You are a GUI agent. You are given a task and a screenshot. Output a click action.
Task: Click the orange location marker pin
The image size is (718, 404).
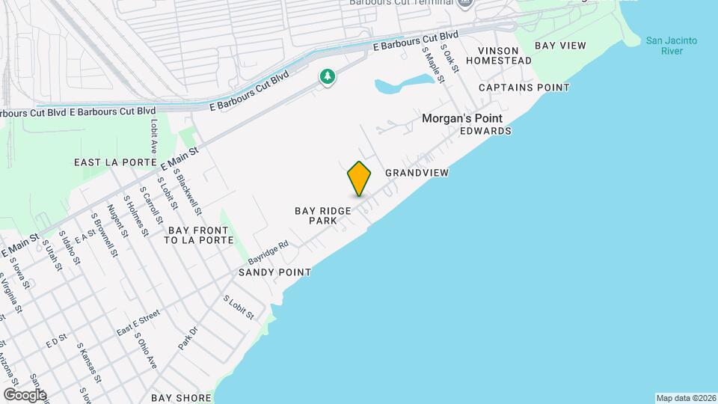tap(359, 178)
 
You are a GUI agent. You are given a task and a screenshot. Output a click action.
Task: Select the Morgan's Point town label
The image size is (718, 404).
tap(462, 118)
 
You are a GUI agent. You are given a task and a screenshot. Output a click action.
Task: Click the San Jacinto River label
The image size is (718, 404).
tap(672, 45)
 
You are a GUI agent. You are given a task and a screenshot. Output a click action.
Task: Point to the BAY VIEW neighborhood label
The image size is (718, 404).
tap(560, 46)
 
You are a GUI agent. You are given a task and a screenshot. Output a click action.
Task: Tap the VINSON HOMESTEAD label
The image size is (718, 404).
tap(504, 55)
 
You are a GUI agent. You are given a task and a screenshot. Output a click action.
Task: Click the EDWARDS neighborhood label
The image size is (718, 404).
tap(486, 131)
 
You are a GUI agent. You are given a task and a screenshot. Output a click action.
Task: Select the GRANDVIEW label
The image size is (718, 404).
tap(417, 173)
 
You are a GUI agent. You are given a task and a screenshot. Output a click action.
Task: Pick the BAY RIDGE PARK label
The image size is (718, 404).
tap(323, 216)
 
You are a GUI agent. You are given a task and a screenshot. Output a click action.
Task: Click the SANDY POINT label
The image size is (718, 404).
tap(274, 272)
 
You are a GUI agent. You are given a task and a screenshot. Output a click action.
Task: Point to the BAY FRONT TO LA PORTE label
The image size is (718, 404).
tap(194, 235)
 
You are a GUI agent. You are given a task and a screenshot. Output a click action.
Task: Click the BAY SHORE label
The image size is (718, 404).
tap(181, 398)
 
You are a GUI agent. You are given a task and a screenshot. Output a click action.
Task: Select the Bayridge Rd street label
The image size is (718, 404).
tap(269, 251)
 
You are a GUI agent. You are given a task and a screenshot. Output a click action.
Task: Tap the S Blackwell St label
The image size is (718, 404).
tap(187, 190)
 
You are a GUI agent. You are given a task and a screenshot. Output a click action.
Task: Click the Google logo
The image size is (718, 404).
tap(25, 394)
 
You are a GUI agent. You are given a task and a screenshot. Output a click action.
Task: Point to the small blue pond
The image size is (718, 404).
tap(404, 84)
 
